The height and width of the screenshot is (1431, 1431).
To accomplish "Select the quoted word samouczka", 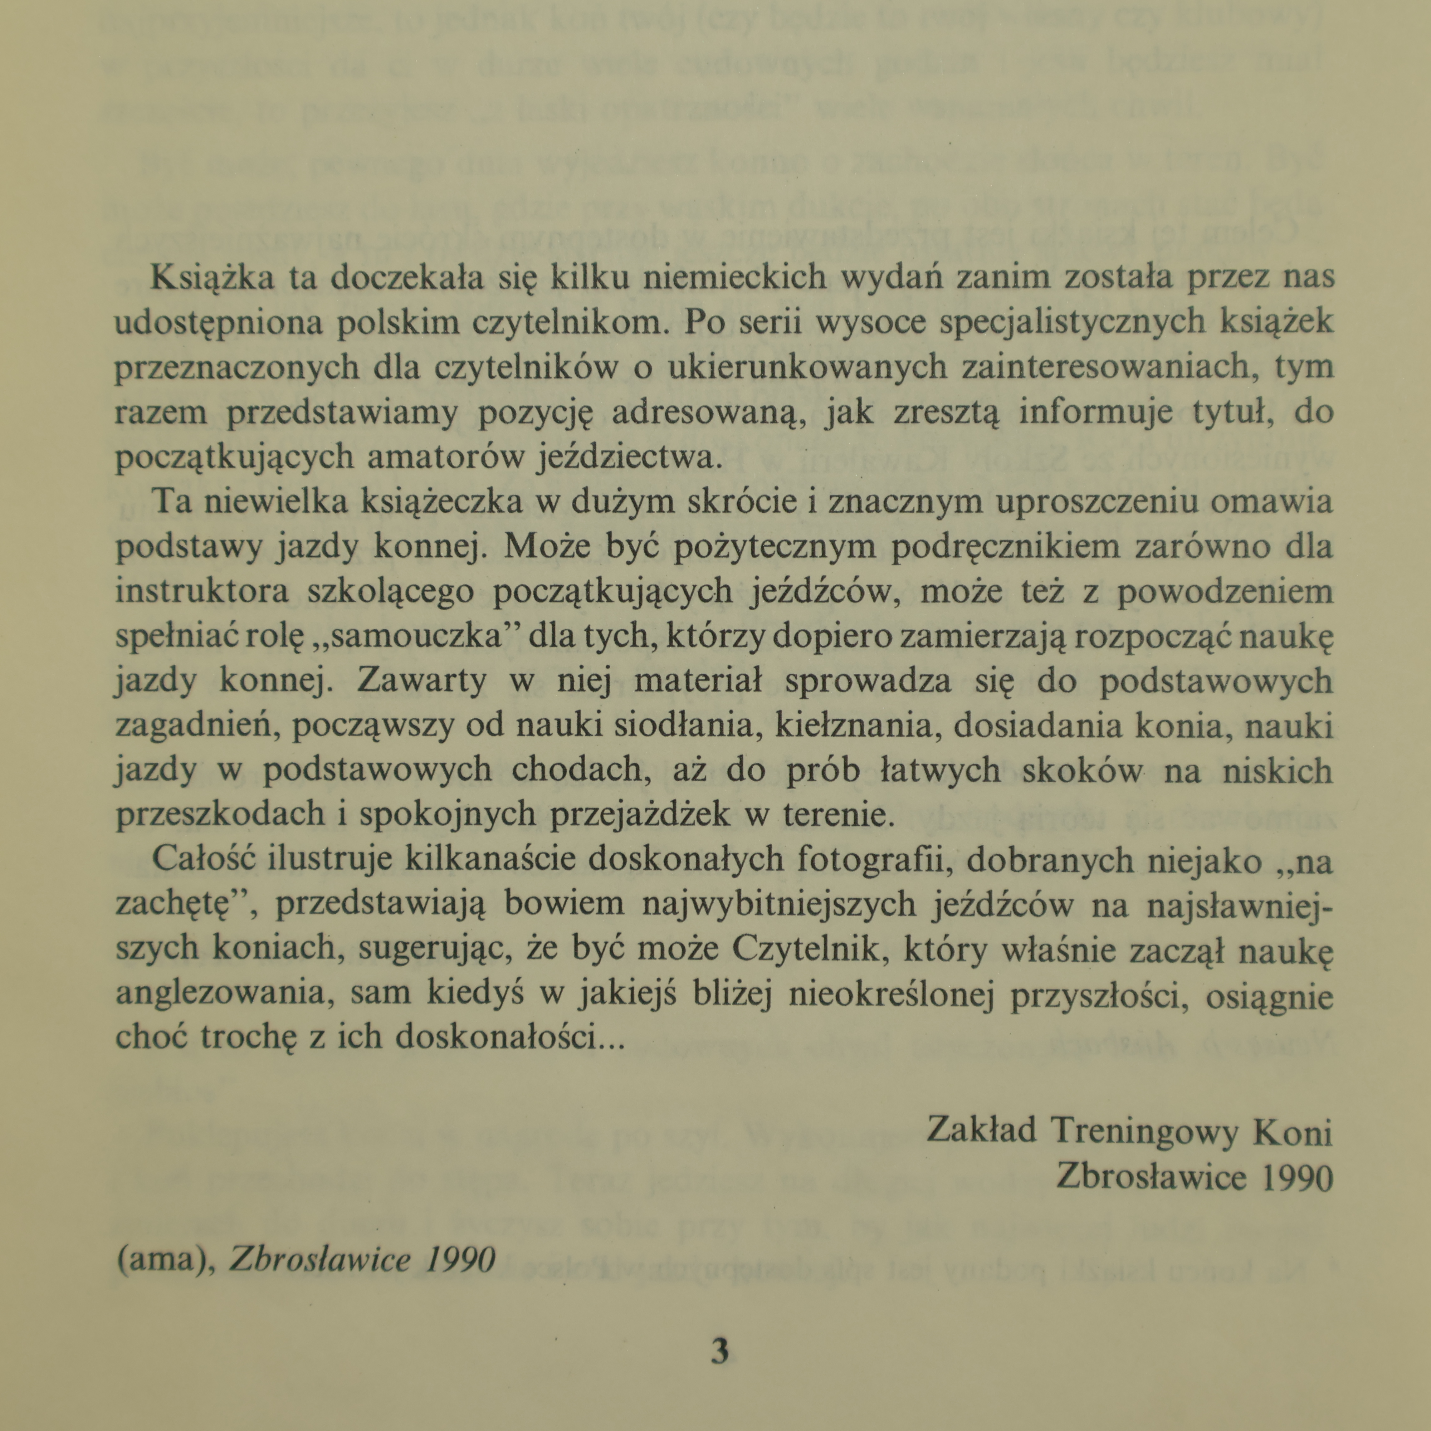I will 412,636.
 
